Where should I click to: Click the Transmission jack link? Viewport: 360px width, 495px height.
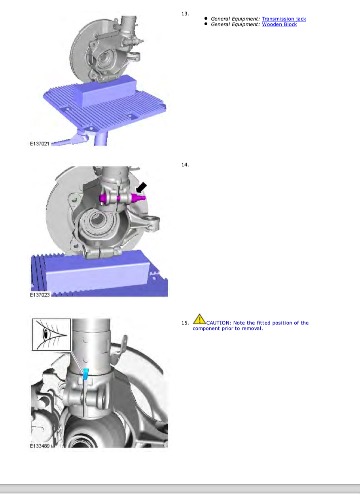click(284, 19)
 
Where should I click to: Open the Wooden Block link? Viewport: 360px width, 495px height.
click(279, 24)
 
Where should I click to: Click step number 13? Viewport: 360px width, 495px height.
click(185, 14)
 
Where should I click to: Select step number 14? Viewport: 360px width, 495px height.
click(185, 165)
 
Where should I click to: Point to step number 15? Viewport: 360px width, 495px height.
click(185, 323)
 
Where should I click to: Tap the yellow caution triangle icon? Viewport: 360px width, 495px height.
click(199, 319)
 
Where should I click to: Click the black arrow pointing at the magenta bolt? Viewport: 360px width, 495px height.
click(141, 187)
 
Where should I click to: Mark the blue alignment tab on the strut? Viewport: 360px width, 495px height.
click(85, 374)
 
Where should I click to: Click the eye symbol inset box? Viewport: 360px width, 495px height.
click(51, 334)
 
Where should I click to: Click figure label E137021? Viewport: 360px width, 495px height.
click(40, 144)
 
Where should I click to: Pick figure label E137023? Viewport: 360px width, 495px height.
click(40, 295)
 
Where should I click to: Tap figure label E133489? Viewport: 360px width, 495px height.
click(40, 446)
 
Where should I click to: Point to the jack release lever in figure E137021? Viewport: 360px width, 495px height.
click(71, 139)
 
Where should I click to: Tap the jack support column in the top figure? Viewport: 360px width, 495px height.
click(101, 139)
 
